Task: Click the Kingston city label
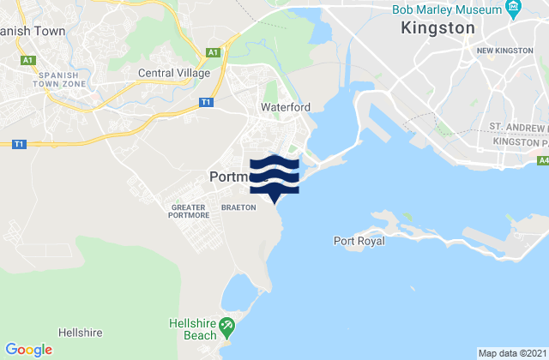[x=437, y=28]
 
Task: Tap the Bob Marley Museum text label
[x=446, y=10]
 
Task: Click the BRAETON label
[x=238, y=207]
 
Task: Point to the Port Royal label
[x=359, y=241]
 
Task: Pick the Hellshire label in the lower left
[x=81, y=332]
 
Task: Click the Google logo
[x=29, y=350]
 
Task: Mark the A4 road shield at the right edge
[x=544, y=159]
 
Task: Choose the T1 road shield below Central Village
[x=206, y=102]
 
